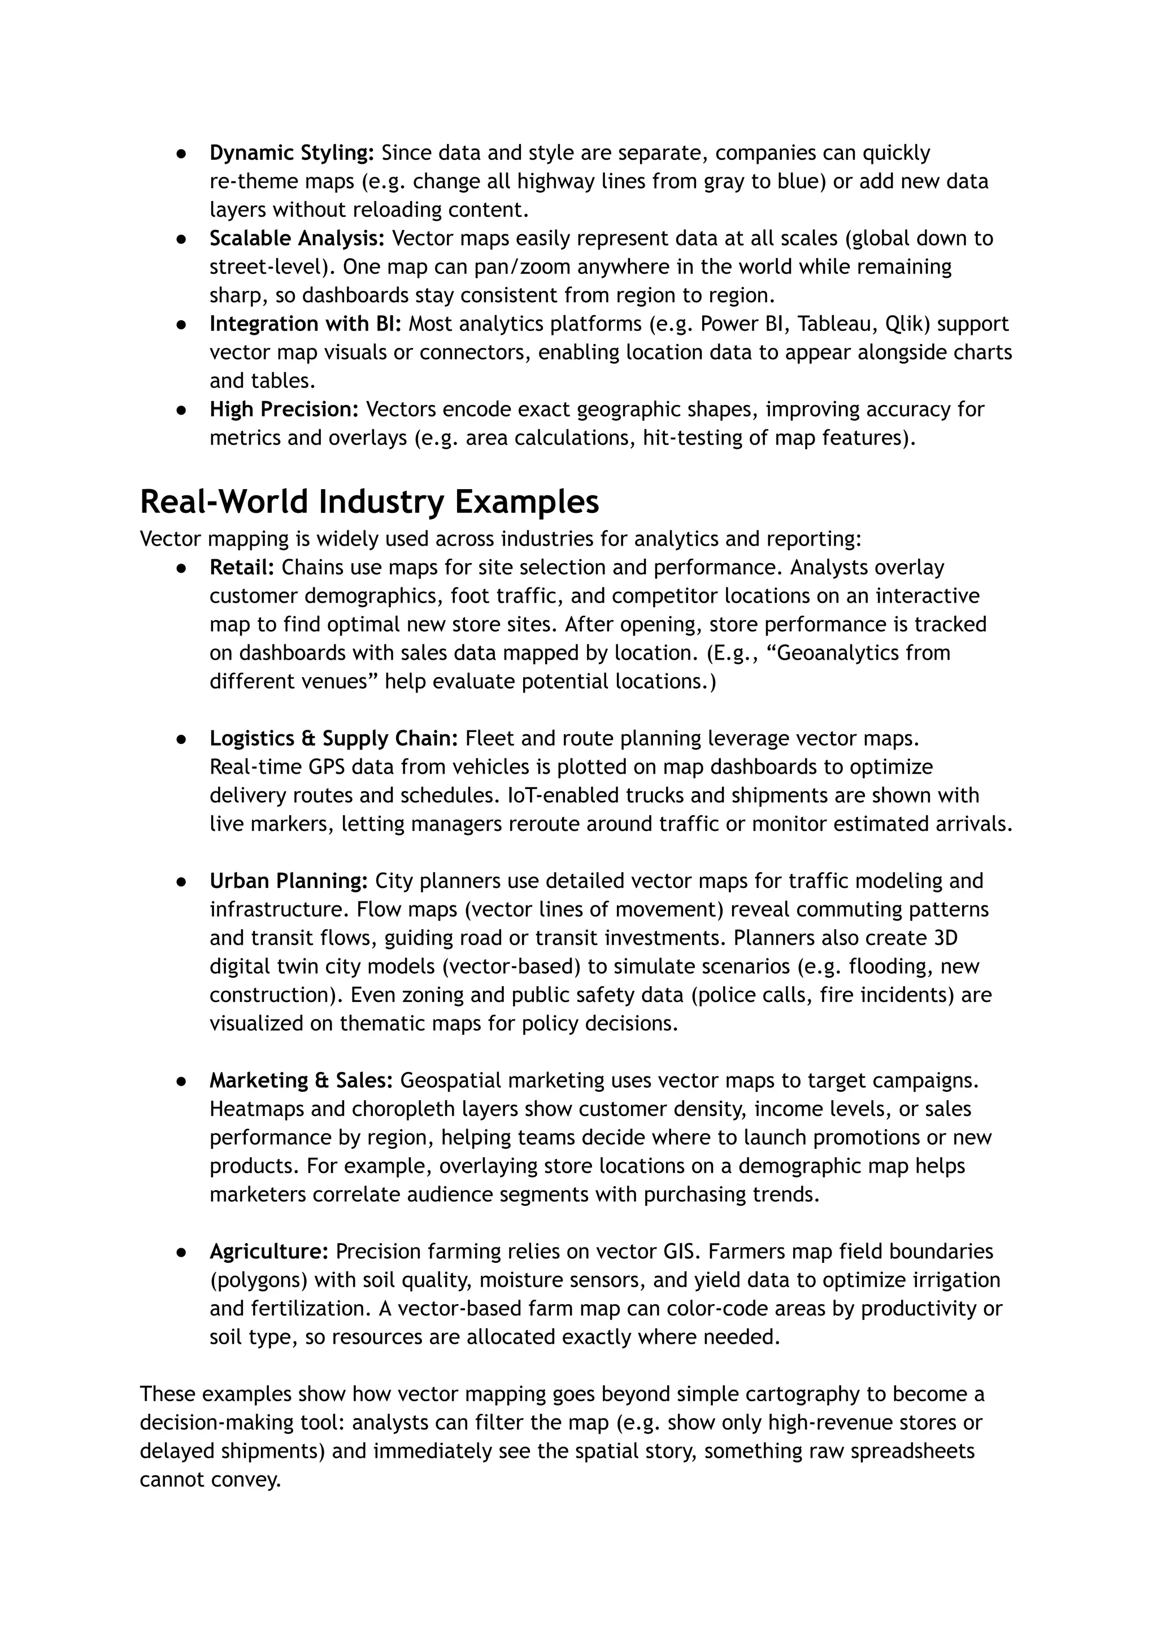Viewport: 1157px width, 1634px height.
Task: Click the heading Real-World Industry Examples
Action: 369,502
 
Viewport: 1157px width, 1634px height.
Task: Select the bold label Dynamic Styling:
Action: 292,153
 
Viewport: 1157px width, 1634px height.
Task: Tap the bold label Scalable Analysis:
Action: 297,238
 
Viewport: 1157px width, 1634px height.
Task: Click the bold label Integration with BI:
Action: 305,324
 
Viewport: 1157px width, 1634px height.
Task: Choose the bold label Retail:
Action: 242,568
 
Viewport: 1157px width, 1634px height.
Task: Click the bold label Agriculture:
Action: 268,1252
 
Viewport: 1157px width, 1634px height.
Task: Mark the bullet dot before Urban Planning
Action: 182,882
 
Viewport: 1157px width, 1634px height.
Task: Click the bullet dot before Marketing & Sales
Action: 182,1081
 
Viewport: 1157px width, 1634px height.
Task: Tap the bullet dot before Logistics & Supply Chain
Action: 182,739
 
